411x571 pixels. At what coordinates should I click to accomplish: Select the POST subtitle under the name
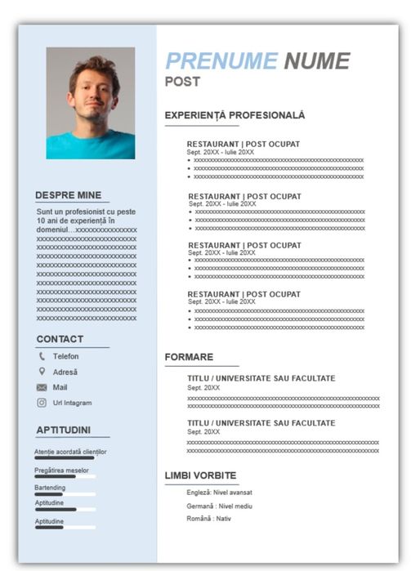pos(182,82)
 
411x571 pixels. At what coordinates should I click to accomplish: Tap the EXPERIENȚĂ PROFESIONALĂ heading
pos(235,116)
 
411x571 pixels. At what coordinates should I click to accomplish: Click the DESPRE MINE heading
pos(69,196)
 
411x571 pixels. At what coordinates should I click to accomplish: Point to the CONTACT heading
pos(60,339)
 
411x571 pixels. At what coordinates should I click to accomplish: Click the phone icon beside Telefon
pos(42,356)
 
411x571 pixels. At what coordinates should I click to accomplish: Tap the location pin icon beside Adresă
pos(42,372)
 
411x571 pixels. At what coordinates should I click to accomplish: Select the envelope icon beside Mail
pos(42,387)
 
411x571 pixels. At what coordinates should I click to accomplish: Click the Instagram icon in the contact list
pos(42,403)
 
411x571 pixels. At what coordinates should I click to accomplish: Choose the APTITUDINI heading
pos(63,430)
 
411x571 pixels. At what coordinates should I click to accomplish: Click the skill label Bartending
pos(50,488)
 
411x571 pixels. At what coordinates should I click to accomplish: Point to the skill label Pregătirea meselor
pos(61,470)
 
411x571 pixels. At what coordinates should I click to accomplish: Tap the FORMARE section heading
pos(189,357)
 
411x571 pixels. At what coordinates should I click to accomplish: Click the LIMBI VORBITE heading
pos(200,475)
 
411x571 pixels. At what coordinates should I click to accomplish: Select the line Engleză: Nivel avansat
pos(219,493)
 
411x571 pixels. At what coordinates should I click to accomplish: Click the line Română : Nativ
pos(208,519)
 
